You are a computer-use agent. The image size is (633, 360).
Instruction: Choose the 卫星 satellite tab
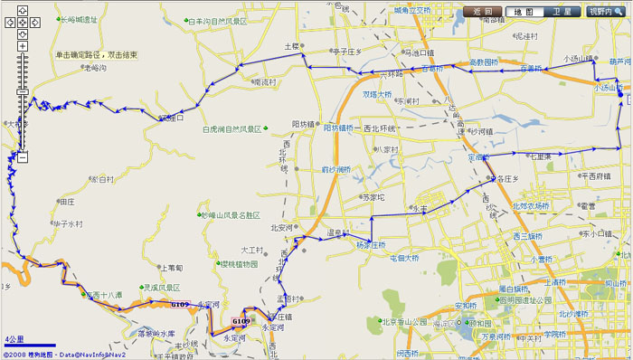562,13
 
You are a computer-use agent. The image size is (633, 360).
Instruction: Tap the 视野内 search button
606,13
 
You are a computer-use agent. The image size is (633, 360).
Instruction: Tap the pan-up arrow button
22,11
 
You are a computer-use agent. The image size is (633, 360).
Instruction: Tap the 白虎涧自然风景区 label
231,129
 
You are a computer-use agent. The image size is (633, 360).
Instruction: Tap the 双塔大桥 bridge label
377,93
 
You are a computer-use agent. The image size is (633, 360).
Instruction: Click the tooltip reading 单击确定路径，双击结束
96,55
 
